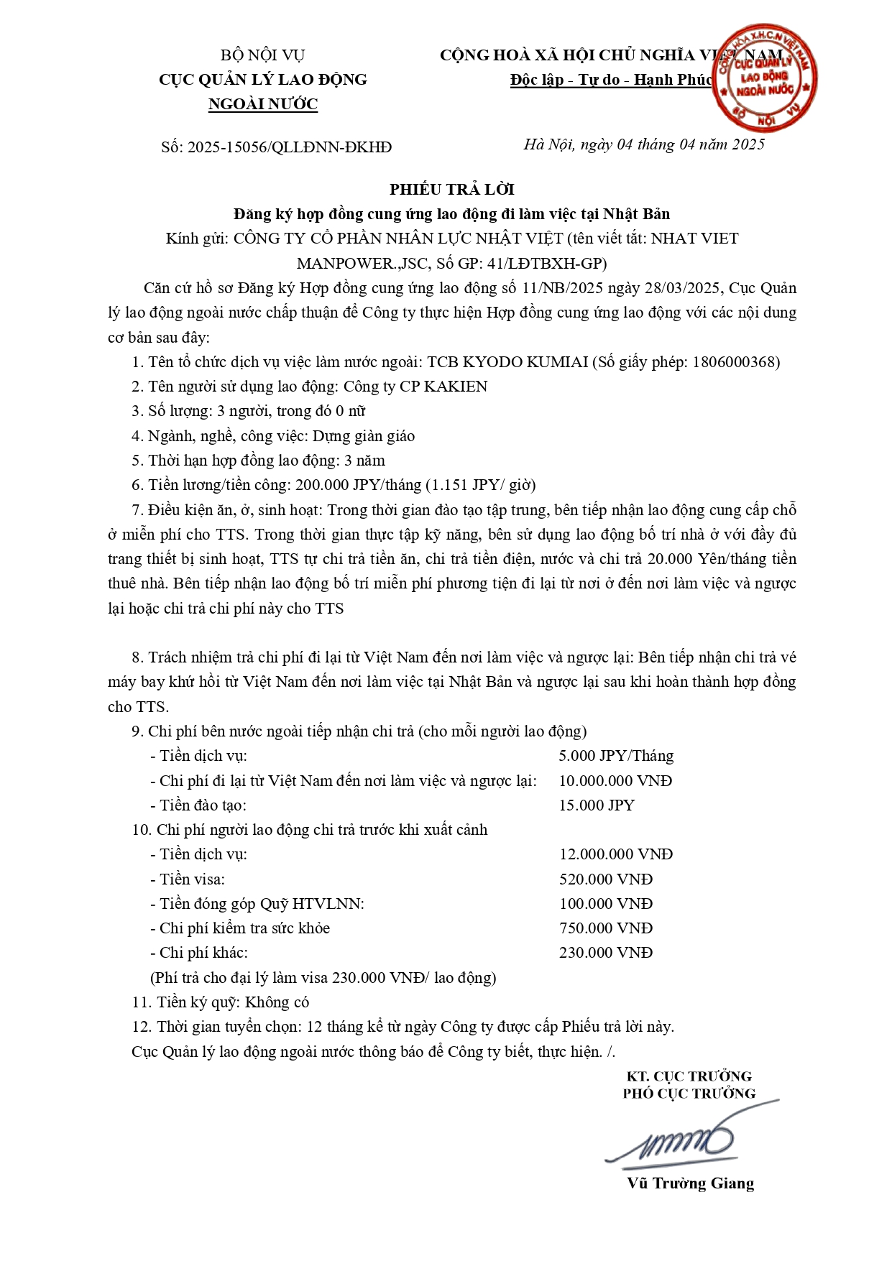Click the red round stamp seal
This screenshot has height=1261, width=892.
(765, 78)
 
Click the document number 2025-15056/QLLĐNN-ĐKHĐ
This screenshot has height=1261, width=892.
(289, 147)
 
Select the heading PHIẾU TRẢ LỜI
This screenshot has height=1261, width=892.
(452, 189)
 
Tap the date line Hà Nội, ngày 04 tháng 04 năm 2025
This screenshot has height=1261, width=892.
(644, 144)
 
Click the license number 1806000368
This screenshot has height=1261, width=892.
(734, 362)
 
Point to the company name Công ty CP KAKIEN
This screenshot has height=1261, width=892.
(415, 387)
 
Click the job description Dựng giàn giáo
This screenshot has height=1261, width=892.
(363, 436)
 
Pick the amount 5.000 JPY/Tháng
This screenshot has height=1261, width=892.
(616, 756)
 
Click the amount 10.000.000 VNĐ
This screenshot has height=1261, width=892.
(615, 781)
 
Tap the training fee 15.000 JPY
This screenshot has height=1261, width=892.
(597, 805)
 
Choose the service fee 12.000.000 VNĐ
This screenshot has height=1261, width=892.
(616, 854)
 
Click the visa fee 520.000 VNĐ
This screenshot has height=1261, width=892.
(606, 879)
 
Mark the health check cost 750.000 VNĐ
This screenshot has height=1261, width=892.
(606, 928)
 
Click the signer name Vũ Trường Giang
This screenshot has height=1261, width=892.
(690, 1183)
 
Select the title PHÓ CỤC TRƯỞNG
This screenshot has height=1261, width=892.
(689, 1094)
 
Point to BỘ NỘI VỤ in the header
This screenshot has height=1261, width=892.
(263, 55)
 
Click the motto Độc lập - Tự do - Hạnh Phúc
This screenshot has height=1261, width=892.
(612, 80)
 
